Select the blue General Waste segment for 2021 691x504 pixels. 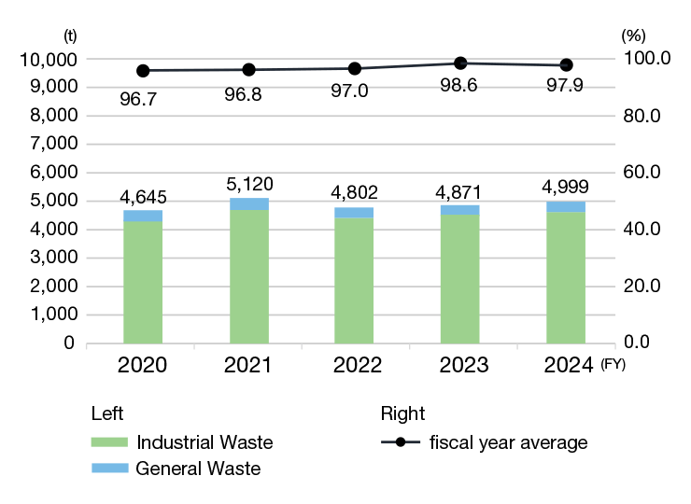point(248,204)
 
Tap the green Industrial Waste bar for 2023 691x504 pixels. point(460,279)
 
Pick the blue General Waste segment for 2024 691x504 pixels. point(566,206)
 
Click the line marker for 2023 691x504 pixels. point(460,63)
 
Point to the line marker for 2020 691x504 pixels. point(143,71)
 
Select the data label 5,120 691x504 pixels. point(249,183)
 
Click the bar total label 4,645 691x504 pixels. point(143,197)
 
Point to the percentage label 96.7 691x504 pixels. point(138,97)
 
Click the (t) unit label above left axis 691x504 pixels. point(69,35)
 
